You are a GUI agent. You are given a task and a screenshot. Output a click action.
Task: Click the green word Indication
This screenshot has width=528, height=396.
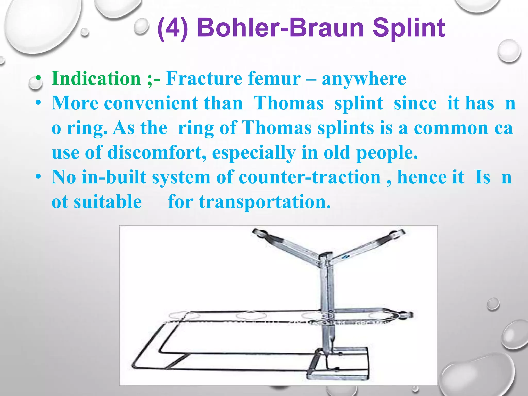click(x=96, y=78)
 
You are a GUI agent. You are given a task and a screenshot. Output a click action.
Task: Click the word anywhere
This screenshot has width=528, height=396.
click(x=364, y=78)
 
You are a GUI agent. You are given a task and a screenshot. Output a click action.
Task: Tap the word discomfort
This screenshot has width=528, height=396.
click(x=157, y=152)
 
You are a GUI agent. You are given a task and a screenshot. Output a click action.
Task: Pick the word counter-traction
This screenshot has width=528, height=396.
click(x=309, y=177)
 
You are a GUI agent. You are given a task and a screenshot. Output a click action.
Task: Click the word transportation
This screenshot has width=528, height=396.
click(x=265, y=202)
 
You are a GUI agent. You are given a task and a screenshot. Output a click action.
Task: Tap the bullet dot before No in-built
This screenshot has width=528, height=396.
click(x=38, y=177)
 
